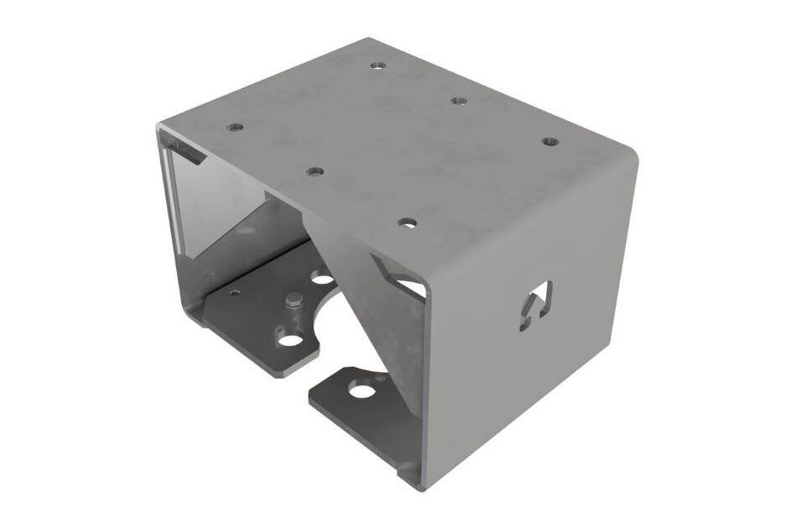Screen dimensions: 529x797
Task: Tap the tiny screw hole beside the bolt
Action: (235, 292)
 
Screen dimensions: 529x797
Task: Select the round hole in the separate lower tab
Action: (361, 390)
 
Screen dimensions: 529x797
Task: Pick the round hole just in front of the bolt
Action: (289, 340)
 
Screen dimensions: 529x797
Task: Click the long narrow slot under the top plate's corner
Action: (187, 155)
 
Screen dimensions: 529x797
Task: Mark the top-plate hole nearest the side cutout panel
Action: (550, 141)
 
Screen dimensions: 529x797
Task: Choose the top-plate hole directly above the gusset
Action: (407, 223)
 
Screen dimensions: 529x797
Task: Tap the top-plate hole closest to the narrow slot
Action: (234, 128)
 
